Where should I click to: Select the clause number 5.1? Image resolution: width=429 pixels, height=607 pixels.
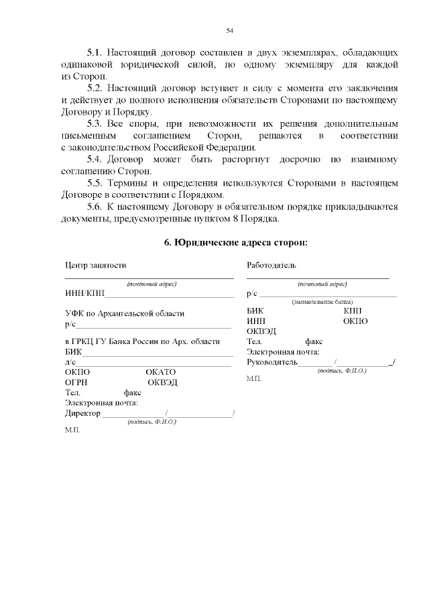[x=95, y=52]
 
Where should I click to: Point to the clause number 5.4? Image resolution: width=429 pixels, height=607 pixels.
[x=95, y=159]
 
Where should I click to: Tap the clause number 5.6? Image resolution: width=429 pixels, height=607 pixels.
[x=95, y=207]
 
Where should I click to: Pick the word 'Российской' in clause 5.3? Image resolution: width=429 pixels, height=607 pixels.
[x=184, y=147]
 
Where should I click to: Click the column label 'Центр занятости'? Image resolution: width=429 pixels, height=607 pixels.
[x=95, y=266]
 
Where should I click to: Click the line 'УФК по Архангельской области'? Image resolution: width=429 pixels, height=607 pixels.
[x=125, y=313]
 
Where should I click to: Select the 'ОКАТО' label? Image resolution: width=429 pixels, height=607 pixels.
[x=160, y=372]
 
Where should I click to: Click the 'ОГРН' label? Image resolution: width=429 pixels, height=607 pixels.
[x=77, y=382]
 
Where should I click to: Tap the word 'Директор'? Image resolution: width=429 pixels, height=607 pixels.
[x=82, y=413]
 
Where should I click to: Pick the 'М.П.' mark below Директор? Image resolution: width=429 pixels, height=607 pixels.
[x=72, y=430]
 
